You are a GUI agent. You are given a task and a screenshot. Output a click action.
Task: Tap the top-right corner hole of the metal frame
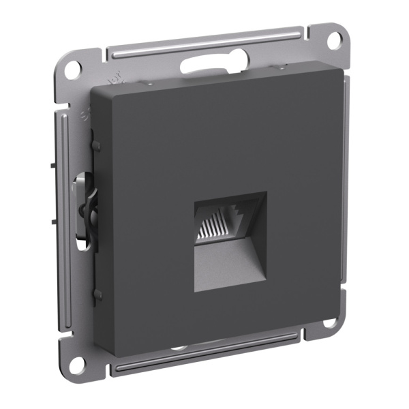333,40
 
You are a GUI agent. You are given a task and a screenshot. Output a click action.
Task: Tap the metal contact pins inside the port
216,226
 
